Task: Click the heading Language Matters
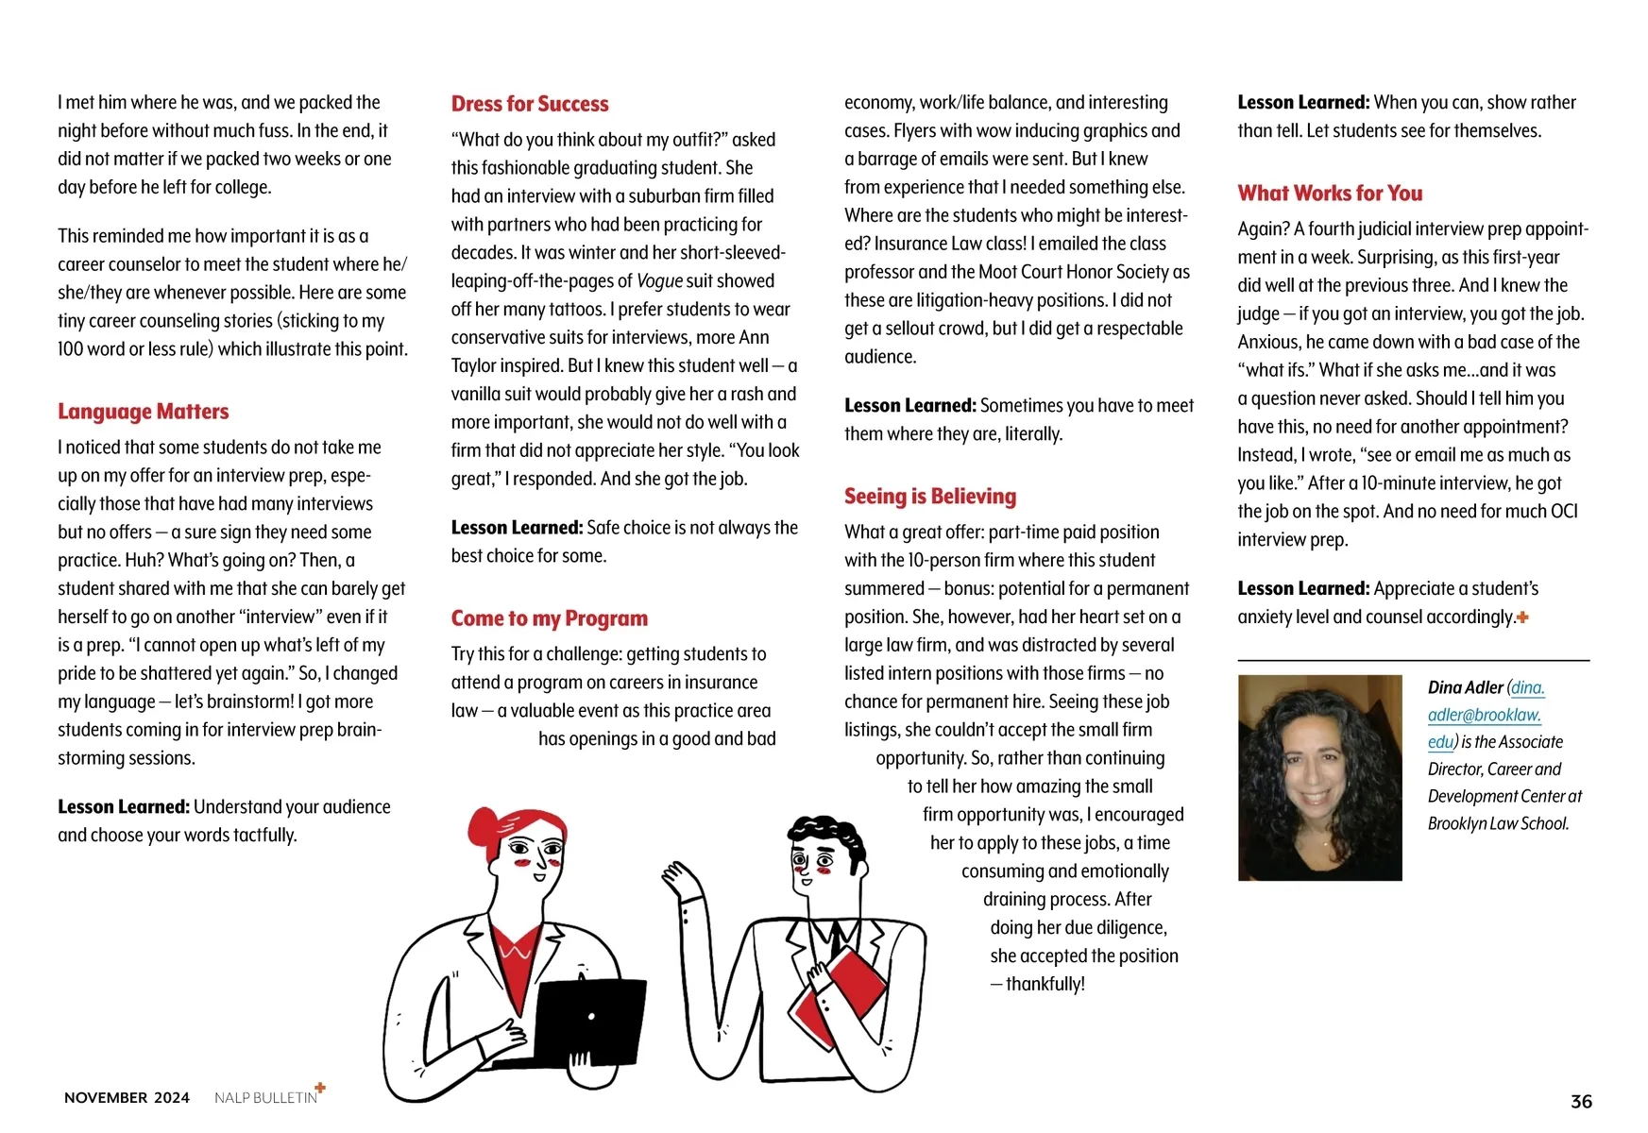pos(143,412)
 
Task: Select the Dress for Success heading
pos(530,104)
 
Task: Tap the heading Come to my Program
pos(550,618)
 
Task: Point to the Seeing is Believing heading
pos(930,497)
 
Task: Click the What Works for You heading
pos(1330,194)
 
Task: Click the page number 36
pos(1581,1101)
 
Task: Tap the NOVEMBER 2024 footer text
pos(127,1097)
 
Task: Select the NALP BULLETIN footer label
pos(265,1098)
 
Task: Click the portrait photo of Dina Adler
pos(1319,777)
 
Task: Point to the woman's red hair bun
pos(483,825)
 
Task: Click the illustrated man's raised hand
pos(682,882)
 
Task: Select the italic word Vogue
pos(659,281)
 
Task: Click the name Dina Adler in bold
pos(1465,687)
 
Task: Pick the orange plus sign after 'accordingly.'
pos(1522,617)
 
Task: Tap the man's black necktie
pos(835,939)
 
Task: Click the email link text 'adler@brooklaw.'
pos(1484,715)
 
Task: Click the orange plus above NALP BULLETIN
pos(320,1088)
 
